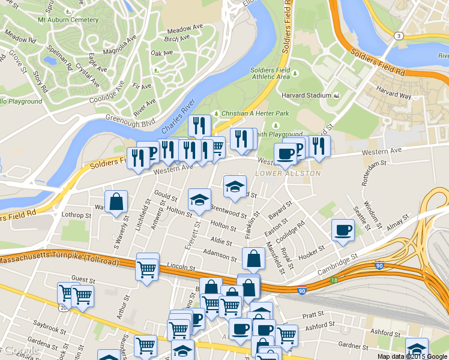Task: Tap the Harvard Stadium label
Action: coord(306,95)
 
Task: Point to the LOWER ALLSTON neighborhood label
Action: coord(288,173)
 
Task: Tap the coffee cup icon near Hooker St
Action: coord(343,230)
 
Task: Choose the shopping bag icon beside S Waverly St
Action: coord(116,202)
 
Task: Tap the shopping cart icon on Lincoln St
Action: coord(147,271)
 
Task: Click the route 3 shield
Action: coord(398,37)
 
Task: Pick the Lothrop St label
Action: coord(75,214)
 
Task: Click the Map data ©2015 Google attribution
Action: coord(412,356)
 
